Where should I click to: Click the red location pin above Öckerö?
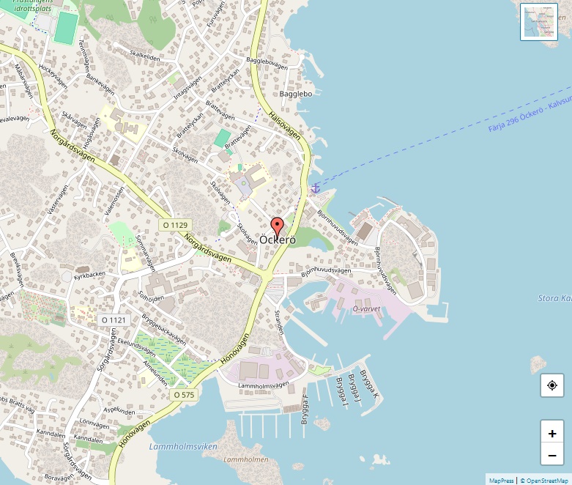[277, 225]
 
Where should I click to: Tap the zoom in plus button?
[551, 433]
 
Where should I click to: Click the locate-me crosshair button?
[551, 385]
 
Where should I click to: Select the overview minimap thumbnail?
[538, 22]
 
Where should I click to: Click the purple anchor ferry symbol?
[316, 188]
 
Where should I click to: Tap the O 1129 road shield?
[175, 225]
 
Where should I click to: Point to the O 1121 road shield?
[114, 320]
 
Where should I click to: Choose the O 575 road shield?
[185, 395]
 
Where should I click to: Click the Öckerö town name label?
[277, 240]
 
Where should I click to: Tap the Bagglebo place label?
[296, 95]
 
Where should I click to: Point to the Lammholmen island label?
[245, 459]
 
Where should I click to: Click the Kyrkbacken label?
[90, 274]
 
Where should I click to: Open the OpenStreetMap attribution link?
[544, 481]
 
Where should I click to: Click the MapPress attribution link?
[501, 481]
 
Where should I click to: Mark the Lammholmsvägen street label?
[264, 385]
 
